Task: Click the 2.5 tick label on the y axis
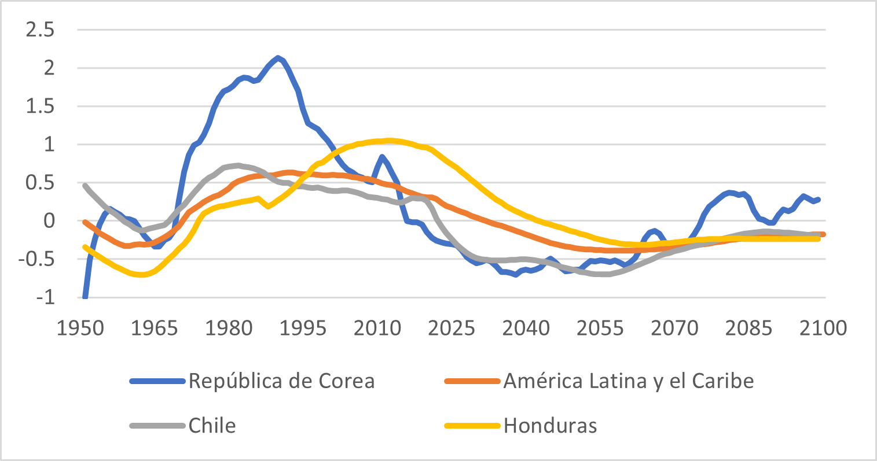pos(40,30)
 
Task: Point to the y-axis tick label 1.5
pos(40,106)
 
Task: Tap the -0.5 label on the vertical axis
pos(37,259)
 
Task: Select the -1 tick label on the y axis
pos(45,297)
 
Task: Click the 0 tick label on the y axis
pos(48,221)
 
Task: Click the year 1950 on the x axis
pos(80,329)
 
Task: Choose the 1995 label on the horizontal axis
pos(303,329)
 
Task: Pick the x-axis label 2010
pos(377,329)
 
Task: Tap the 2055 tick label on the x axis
pos(600,329)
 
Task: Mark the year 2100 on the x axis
pos(823,329)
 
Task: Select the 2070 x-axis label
pos(674,329)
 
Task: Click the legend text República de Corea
pos(281,381)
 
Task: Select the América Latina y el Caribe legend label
pos(629,381)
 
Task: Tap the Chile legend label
pos(212,426)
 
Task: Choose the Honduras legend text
pos(550,426)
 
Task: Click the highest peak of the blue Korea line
pos(278,57)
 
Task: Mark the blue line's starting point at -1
pos(85,296)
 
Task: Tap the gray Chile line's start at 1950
pos(85,186)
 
